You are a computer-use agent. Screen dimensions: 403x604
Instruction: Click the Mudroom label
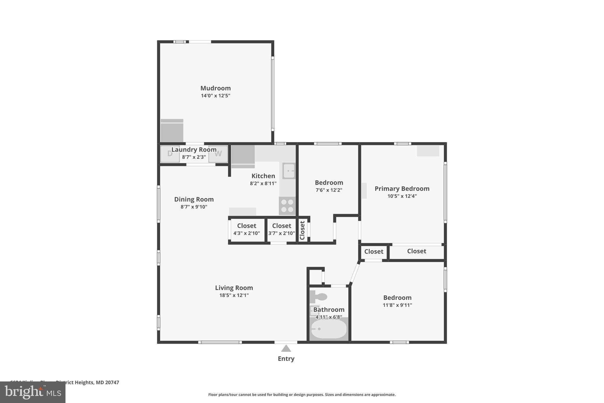(x=215, y=88)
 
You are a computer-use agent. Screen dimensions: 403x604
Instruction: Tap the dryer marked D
(x=170, y=154)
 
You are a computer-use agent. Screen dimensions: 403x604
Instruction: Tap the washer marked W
(x=218, y=154)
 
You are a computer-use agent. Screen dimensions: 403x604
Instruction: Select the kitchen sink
(x=289, y=171)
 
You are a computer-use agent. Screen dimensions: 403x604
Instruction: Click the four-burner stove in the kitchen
(x=287, y=206)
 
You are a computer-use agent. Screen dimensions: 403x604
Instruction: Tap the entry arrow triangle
(x=286, y=349)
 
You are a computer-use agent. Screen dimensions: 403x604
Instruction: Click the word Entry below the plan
(x=286, y=358)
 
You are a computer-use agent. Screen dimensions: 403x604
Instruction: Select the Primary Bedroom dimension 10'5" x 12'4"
(x=402, y=196)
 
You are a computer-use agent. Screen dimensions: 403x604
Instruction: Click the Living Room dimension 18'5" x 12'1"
(x=234, y=295)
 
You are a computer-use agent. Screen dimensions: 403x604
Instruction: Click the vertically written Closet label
(x=302, y=230)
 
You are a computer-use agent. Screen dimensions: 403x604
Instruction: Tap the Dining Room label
(x=194, y=199)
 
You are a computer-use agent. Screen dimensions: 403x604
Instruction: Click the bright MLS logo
(x=32, y=392)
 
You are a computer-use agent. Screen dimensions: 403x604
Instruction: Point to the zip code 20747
(x=112, y=382)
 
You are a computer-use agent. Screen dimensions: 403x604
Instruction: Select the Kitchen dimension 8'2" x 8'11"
(x=263, y=183)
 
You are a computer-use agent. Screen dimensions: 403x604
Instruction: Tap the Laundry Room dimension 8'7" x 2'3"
(x=194, y=157)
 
